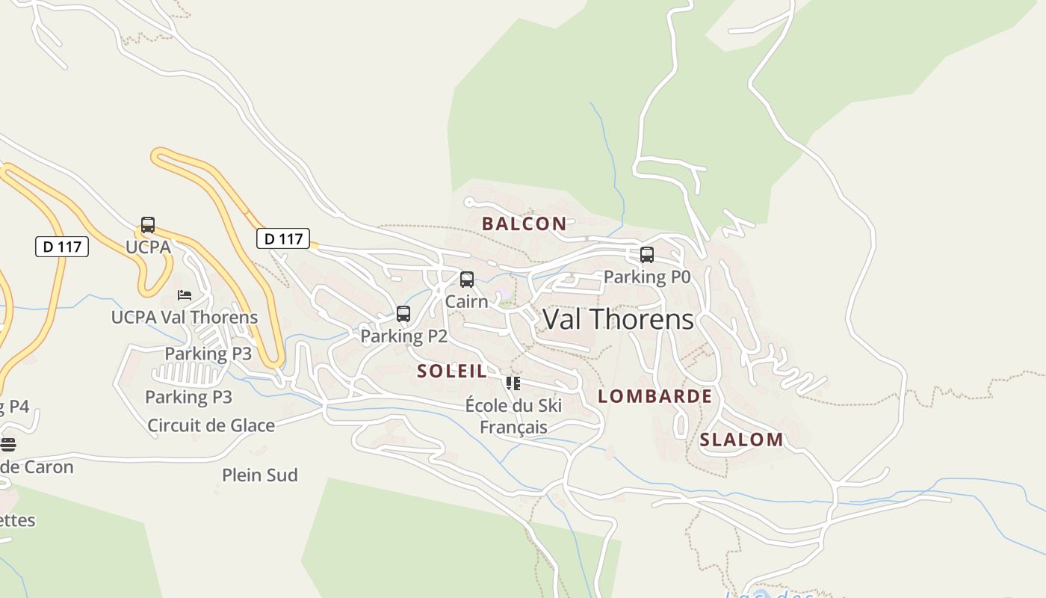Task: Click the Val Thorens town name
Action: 618,320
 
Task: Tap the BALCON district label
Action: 524,224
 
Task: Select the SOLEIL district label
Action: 451,371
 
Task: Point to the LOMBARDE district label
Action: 654,396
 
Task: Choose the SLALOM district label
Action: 741,440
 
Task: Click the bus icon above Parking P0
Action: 647,255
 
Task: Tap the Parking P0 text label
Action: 646,277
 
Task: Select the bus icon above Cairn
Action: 467,280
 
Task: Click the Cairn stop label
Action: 466,302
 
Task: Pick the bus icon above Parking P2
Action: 403,314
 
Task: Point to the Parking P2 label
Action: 403,336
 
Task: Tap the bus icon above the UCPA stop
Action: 148,225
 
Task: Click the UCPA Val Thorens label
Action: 184,317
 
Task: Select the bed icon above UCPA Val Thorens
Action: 185,295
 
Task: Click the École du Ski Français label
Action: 513,416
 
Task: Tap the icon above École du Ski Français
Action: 513,383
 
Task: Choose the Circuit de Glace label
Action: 211,426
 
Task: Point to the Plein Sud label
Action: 259,475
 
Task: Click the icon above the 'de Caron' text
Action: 8,445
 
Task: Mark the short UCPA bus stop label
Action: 148,247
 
